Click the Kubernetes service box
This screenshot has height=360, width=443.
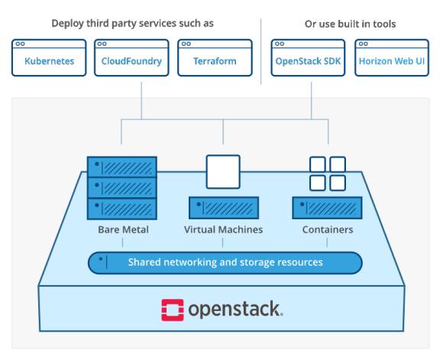pos(49,57)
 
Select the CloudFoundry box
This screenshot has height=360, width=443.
pos(131,57)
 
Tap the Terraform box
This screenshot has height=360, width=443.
pos(215,57)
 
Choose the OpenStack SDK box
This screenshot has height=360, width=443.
pos(308,57)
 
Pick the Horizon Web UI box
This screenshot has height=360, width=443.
pos(392,57)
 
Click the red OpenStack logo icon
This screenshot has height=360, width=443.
pos(173,310)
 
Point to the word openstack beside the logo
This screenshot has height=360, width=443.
pos(235,310)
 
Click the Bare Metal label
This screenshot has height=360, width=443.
pos(123,229)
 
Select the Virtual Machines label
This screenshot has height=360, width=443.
pos(223,229)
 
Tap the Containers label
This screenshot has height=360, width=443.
pos(328,229)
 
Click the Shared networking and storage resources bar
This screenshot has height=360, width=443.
pos(225,263)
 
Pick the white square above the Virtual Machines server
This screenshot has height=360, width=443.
pos(223,172)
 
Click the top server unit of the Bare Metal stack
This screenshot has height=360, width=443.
pos(122,167)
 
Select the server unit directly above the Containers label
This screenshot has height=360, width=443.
pos(327,208)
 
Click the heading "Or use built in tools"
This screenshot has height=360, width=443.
pos(350,24)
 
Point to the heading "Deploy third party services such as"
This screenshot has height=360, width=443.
pos(132,24)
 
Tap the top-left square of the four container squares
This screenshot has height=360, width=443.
pos(318,164)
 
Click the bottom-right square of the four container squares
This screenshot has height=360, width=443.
pos(338,183)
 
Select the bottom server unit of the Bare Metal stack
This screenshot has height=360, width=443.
pos(122,209)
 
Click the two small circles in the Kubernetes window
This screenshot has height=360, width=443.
pos(20,44)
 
